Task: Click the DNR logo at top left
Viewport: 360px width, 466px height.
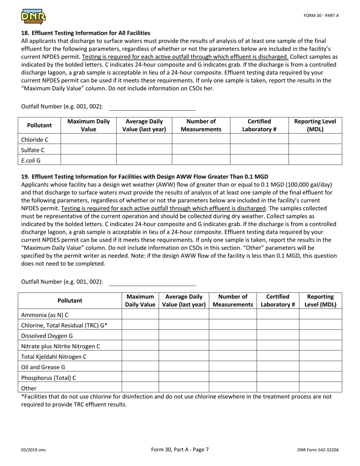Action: [33, 16]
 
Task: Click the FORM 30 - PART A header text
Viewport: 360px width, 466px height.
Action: [321, 16]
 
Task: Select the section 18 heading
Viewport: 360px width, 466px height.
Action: [86, 33]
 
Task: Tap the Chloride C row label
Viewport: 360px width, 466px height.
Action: [35, 139]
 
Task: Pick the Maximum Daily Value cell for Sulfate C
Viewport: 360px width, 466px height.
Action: [88, 150]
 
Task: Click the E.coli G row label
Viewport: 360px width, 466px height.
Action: [31, 160]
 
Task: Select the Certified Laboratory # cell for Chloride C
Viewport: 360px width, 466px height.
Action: [259, 139]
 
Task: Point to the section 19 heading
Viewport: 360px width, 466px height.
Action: [144, 177]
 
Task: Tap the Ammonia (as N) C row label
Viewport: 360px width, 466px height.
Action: [45, 314]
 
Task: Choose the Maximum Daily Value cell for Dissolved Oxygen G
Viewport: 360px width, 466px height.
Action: [140, 335]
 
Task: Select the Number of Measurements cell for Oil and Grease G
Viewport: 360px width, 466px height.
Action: [233, 367]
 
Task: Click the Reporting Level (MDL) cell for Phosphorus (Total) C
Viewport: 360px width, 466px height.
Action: [320, 377]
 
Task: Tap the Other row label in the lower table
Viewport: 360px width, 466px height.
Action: [29, 388]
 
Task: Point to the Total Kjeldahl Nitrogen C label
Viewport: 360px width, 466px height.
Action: [54, 357]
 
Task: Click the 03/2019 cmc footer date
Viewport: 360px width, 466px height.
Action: [34, 450]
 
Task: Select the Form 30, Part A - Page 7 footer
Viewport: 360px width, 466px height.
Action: [180, 450]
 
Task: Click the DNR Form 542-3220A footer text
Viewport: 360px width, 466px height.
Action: [318, 450]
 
